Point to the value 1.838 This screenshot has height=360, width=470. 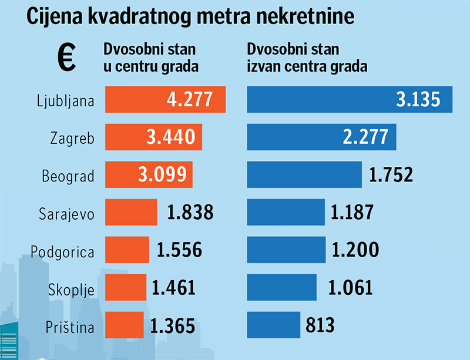[190, 212]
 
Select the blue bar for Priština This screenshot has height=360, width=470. [273, 325]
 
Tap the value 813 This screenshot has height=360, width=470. [320, 325]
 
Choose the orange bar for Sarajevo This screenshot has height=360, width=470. [131, 212]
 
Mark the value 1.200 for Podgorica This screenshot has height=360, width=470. [355, 251]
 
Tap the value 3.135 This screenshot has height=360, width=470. [418, 99]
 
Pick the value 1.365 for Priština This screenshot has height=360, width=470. [173, 325]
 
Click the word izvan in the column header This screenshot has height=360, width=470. [261, 66]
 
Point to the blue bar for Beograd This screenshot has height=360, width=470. [304, 174]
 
